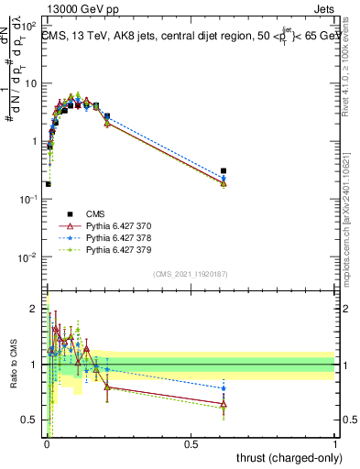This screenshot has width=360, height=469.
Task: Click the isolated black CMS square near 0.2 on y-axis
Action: [48, 184]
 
